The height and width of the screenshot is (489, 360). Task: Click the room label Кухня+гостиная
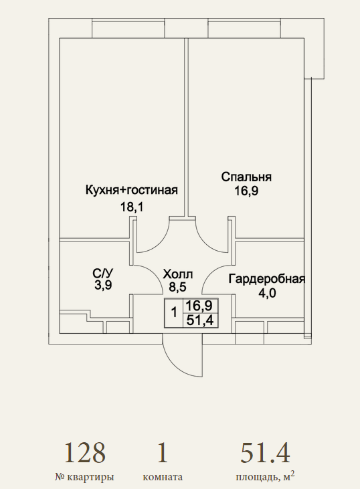[132, 190]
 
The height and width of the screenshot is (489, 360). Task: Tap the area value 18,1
[132, 207]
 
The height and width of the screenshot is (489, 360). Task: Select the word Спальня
[246, 177]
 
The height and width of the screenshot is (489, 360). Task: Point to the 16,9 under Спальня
[246, 191]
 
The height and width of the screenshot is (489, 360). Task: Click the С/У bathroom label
[102, 273]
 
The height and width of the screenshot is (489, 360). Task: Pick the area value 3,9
[103, 286]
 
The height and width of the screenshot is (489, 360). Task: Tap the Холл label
[178, 274]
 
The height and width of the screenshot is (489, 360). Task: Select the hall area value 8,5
[178, 286]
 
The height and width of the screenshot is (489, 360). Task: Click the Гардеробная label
[267, 279]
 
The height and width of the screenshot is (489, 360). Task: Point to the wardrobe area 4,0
[268, 293]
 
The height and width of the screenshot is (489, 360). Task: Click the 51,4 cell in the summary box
[200, 320]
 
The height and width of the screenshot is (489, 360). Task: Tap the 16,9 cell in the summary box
[199, 306]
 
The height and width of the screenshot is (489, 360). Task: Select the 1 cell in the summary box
[174, 312]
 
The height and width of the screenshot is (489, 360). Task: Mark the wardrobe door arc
[211, 272]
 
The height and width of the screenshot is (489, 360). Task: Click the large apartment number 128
[85, 453]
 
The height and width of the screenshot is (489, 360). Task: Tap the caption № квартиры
[84, 477]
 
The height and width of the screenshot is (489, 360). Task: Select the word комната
[163, 478]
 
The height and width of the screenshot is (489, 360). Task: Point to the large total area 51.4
[265, 453]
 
